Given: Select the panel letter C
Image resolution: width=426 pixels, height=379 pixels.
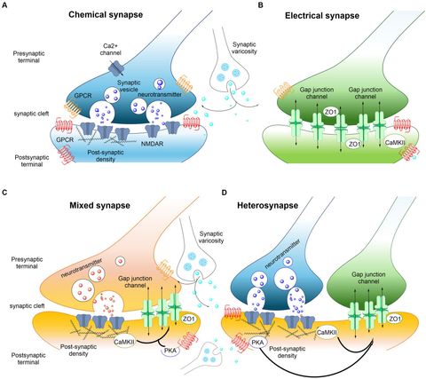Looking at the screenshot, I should tap(5, 191).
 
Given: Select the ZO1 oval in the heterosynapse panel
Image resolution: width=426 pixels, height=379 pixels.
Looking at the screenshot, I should tap(395, 317).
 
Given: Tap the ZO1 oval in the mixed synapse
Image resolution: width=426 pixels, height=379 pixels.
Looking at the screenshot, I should tap(188, 315).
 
